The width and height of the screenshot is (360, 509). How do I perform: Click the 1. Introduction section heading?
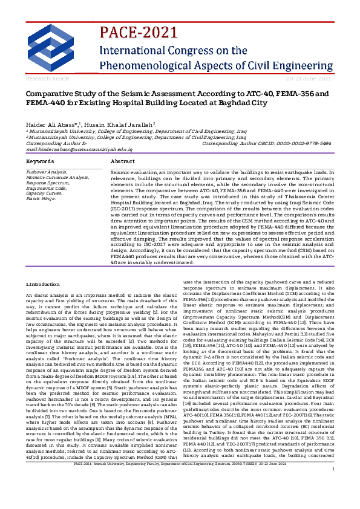(43, 284)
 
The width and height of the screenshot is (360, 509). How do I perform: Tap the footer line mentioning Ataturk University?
(180, 496)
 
